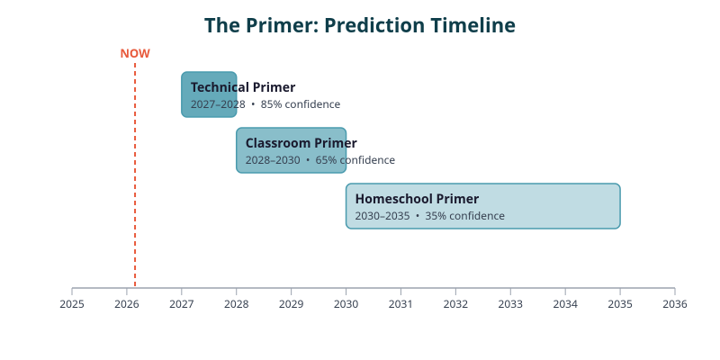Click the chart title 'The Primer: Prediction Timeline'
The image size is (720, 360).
(x=360, y=25)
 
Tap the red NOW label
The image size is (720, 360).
(x=135, y=53)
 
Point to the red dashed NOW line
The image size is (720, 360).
(x=135, y=180)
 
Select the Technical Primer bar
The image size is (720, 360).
(x=209, y=94)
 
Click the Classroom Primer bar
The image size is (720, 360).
(x=291, y=150)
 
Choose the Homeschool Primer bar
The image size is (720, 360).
(x=482, y=206)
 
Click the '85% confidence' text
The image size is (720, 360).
(x=301, y=104)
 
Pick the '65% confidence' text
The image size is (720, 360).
(x=355, y=160)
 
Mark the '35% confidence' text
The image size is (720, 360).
(x=465, y=216)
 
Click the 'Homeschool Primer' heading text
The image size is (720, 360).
(x=417, y=199)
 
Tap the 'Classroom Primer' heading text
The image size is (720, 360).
(x=301, y=143)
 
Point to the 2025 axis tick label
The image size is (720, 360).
(x=72, y=304)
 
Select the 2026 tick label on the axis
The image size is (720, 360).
(x=127, y=304)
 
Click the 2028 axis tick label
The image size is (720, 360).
(x=237, y=304)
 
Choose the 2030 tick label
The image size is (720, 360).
(x=346, y=304)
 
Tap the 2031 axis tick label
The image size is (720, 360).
(x=400, y=304)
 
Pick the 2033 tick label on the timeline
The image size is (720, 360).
(x=510, y=304)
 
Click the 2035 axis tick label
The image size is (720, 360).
(x=620, y=304)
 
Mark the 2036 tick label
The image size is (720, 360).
(x=675, y=304)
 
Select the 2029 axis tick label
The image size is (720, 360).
(x=291, y=304)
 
